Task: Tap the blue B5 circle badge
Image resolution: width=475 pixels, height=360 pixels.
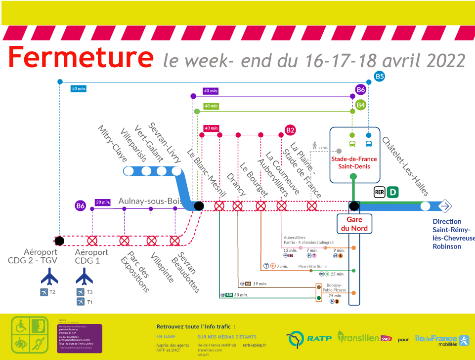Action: point(379,77)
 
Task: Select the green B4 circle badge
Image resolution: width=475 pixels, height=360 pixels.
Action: point(361,105)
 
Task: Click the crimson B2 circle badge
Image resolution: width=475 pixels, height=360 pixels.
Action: point(290,130)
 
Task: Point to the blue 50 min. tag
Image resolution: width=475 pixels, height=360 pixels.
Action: point(79,89)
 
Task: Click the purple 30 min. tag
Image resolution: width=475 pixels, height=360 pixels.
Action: point(103,202)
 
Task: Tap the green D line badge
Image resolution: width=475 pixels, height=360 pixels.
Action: point(393,192)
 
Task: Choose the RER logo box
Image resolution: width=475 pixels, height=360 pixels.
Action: point(379,192)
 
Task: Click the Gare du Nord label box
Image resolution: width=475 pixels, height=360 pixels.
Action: point(354,224)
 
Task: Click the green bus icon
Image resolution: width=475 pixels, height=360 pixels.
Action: point(352,145)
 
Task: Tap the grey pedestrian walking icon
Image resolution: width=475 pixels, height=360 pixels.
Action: point(314,145)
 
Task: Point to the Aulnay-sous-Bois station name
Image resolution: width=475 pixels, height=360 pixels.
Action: point(151,201)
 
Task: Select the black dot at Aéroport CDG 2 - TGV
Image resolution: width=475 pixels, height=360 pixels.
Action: point(59,240)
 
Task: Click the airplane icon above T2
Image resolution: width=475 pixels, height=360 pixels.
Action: point(49,276)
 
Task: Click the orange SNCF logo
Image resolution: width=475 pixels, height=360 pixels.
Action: point(386,338)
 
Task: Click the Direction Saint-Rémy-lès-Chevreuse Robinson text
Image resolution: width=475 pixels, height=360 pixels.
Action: point(453,234)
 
